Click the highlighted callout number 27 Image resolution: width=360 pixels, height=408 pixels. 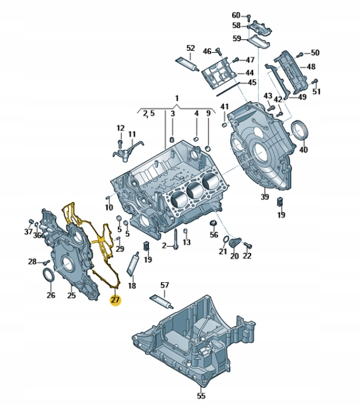(x=115, y=300)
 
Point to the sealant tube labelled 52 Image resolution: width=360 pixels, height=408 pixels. (x=188, y=65)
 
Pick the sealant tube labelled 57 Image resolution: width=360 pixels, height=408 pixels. (x=161, y=302)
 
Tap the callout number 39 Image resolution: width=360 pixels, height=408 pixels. (x=265, y=197)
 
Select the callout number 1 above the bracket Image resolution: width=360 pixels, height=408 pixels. (x=177, y=98)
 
